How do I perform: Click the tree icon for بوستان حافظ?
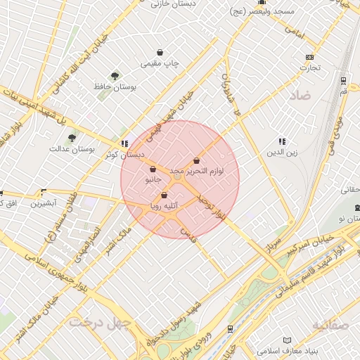coord(114,75)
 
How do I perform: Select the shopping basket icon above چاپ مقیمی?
coord(160,53)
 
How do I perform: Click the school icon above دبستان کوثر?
coord(124,143)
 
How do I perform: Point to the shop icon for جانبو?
coord(153,169)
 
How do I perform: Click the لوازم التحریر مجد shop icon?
coord(196,161)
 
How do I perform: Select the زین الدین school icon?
coord(282,141)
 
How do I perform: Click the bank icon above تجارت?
coord(309,58)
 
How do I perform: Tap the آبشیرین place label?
coord(44,203)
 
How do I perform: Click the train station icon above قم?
coord(342,80)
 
